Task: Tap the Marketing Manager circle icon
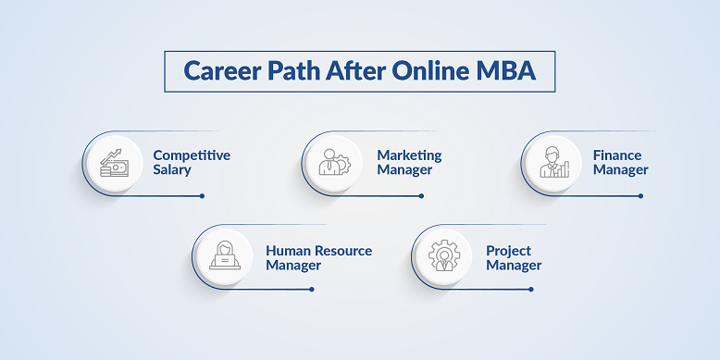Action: click(x=333, y=164)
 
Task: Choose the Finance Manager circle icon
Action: click(x=552, y=164)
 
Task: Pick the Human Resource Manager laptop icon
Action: click(x=225, y=256)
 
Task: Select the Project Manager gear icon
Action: click(x=444, y=256)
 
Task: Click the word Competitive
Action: click(x=192, y=155)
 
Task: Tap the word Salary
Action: click(x=172, y=170)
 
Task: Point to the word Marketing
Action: click(x=409, y=155)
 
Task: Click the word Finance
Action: click(x=617, y=155)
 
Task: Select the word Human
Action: click(x=289, y=251)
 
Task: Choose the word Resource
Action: click(x=343, y=251)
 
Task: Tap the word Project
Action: click(x=509, y=251)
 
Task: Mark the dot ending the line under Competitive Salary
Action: click(x=202, y=196)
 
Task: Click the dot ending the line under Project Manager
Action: click(x=531, y=289)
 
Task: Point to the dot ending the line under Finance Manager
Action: click(x=639, y=196)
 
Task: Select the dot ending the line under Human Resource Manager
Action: click(x=312, y=289)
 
